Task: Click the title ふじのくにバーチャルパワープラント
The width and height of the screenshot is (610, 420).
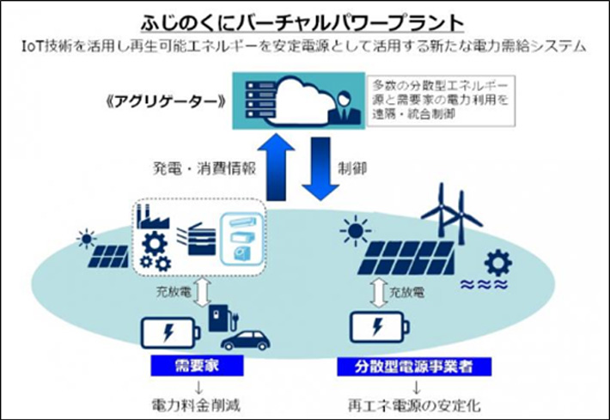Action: [306, 21]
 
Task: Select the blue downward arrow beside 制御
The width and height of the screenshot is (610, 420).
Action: [321, 167]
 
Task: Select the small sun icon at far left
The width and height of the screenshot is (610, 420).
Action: [86, 238]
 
